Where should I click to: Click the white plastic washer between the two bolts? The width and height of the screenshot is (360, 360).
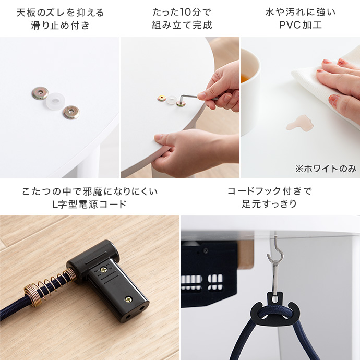tap(55, 101)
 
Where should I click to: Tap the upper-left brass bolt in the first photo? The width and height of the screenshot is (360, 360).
tap(40, 93)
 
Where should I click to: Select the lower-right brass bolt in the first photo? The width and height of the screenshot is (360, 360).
tap(71, 113)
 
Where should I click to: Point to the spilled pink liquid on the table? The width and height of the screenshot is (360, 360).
tap(300, 123)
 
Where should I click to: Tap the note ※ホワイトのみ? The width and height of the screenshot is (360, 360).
tap(326, 169)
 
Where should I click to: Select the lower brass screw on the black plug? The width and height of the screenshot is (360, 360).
tap(128, 299)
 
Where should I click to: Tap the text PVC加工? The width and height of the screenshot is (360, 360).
tap(301, 25)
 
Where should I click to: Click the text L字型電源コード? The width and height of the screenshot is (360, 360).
tap(90, 204)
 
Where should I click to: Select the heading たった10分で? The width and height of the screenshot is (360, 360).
tap(182, 12)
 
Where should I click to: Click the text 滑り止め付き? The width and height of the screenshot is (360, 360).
tap(60, 25)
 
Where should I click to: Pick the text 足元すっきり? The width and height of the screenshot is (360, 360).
tap(270, 203)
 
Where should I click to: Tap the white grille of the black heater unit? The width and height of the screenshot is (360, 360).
tap(202, 282)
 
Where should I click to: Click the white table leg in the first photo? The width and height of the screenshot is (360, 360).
tap(88, 162)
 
